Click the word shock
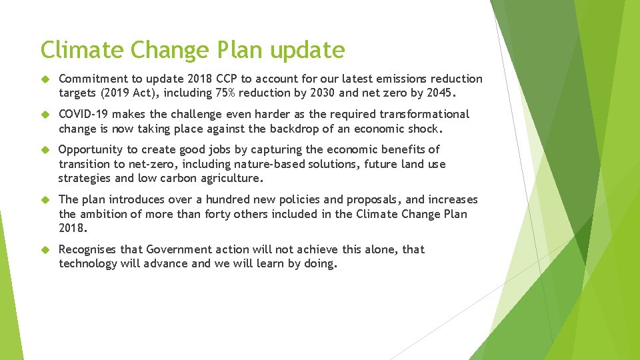click(x=423, y=129)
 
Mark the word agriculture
click(x=229, y=178)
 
